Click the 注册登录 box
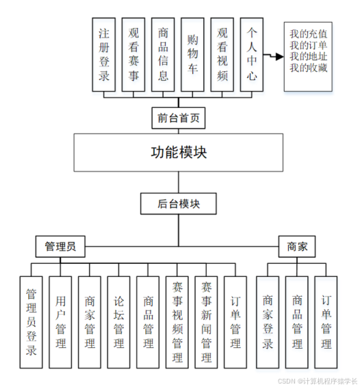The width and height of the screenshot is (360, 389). [x=104, y=54]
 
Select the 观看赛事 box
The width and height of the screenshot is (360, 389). [x=133, y=54]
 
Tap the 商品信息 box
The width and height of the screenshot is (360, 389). [x=163, y=54]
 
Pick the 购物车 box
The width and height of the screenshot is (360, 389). [x=192, y=54]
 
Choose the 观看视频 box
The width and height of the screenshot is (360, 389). [x=222, y=54]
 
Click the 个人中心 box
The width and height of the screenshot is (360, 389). [x=252, y=54]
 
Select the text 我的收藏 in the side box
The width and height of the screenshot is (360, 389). [x=308, y=68]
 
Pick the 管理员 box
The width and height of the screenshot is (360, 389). [x=60, y=245]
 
